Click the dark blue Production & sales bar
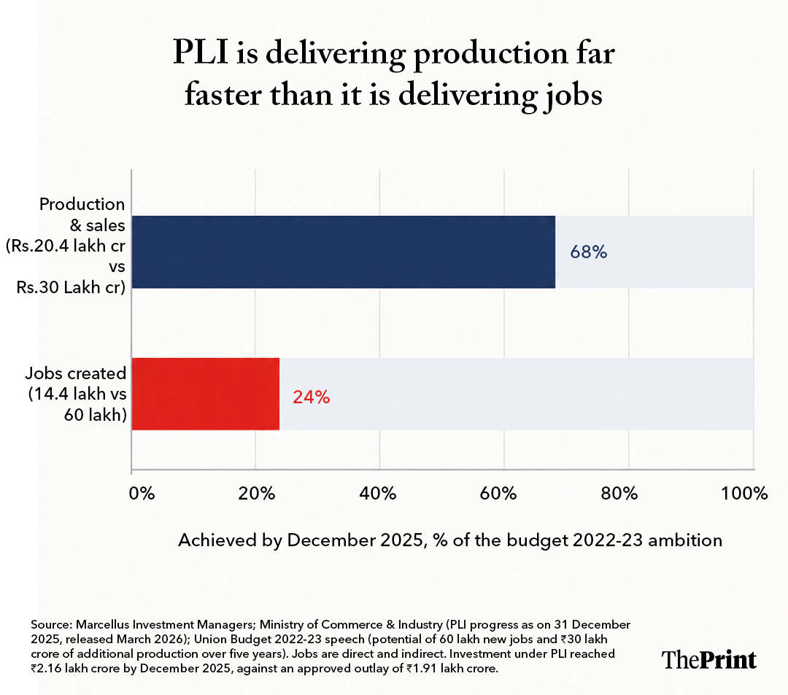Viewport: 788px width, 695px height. (344, 252)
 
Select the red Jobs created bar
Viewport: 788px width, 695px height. (206, 395)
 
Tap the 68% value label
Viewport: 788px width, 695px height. (589, 252)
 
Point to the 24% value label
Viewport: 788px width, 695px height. (311, 397)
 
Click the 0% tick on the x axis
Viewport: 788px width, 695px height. (142, 494)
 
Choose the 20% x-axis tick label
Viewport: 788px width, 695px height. (257, 494)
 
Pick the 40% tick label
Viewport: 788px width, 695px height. (378, 494)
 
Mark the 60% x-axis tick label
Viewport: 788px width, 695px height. (498, 494)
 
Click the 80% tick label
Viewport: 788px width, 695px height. (619, 494)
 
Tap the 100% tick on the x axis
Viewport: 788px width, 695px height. (745, 494)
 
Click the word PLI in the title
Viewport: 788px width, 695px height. (201, 53)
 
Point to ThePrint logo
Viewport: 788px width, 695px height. (708, 659)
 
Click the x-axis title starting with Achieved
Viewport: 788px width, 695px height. (450, 540)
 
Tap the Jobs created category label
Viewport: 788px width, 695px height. (76, 394)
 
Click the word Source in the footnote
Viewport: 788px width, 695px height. (51, 625)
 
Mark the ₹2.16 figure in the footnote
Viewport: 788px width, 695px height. (46, 669)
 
